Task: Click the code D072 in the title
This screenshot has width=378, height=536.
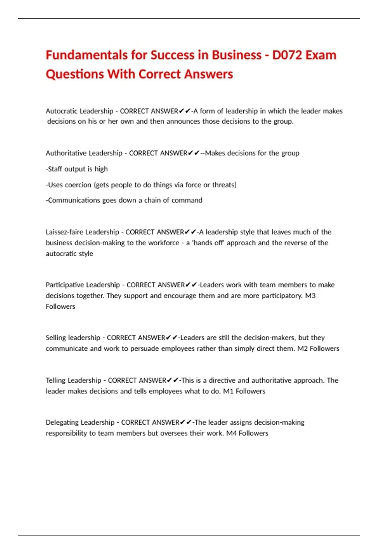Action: pos(286,55)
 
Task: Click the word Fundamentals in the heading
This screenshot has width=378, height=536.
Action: pos(87,55)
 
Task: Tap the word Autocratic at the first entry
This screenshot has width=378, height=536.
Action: pos(62,111)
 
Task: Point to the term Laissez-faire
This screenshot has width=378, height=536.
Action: pos(64,232)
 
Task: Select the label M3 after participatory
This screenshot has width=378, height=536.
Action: pos(310,296)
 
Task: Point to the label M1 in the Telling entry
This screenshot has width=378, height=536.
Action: pos(228,391)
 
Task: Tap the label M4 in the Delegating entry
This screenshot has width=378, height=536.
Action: pos(231,433)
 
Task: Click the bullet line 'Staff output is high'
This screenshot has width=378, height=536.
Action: pos(77,169)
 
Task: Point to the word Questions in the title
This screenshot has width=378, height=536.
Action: pos(75,74)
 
